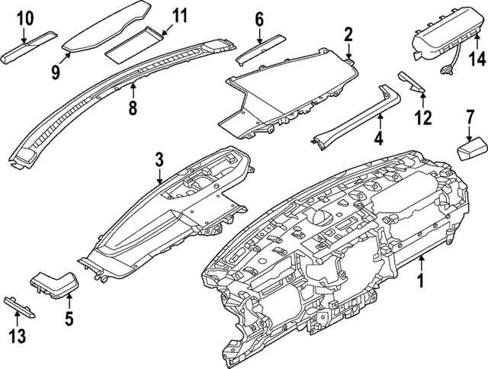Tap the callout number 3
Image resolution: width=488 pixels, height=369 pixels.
[x=159, y=160]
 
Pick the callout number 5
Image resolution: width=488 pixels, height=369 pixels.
[x=69, y=319]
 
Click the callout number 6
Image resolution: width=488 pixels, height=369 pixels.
[x=259, y=18]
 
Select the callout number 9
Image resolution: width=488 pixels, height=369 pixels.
[x=56, y=71]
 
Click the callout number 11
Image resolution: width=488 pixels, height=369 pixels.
[x=179, y=15]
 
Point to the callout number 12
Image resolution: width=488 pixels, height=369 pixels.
[x=422, y=117]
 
